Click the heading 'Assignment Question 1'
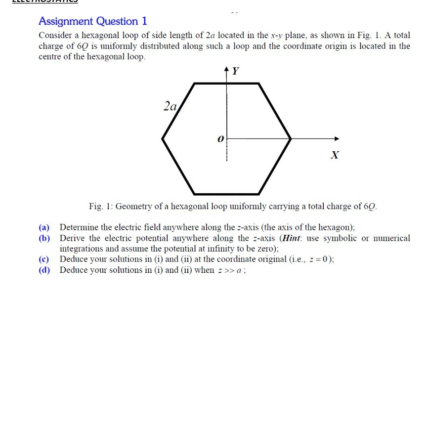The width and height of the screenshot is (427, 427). point(93,21)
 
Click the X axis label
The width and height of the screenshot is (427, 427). point(335,155)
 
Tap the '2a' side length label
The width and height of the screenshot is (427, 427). point(170,105)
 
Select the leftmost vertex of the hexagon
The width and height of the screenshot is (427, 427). point(163,139)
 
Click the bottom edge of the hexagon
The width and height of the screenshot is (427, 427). point(226,194)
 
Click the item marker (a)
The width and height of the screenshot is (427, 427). point(44,227)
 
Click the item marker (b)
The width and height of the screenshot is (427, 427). point(44,238)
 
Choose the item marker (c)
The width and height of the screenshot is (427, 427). point(44,259)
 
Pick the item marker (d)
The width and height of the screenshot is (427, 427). point(44,270)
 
